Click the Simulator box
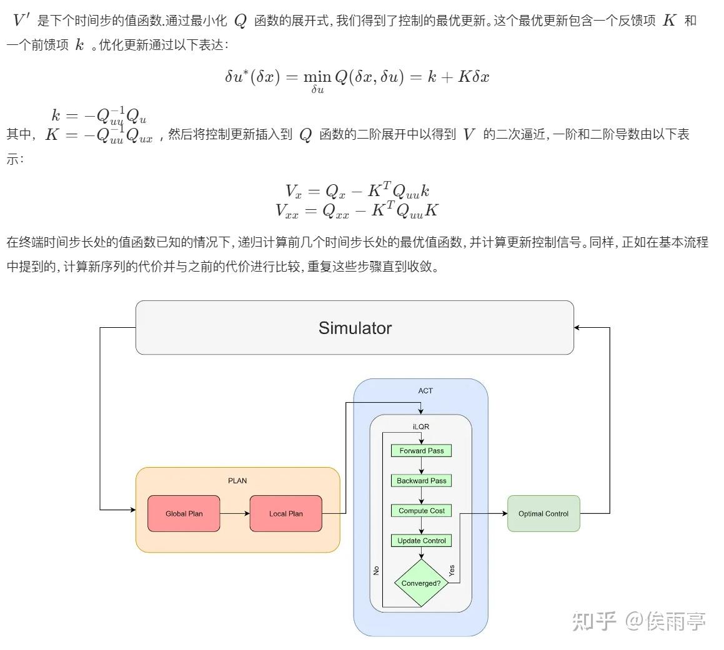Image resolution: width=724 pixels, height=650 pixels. point(355,328)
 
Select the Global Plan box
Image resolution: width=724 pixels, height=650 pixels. point(184,513)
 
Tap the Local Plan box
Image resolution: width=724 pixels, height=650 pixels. point(286,513)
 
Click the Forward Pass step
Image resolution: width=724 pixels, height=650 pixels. point(421,451)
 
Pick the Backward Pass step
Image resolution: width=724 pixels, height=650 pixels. point(421,481)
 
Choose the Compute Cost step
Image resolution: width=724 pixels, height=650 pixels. point(421,511)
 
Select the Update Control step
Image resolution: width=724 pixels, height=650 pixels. point(421,541)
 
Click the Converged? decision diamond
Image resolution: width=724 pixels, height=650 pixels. point(421,583)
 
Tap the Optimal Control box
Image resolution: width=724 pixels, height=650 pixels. point(543,513)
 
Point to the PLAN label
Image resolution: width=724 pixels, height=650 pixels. point(237,481)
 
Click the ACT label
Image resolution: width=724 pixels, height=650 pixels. point(425,390)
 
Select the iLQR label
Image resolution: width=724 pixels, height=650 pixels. point(421,426)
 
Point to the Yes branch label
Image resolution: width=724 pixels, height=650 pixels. point(452,570)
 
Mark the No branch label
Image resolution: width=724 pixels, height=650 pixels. point(376,571)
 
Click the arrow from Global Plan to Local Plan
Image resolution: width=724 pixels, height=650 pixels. point(234,513)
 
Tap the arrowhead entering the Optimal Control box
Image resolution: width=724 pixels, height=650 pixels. point(505,513)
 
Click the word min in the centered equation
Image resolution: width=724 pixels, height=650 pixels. point(317,77)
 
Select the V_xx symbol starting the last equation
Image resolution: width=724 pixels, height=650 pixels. point(287,211)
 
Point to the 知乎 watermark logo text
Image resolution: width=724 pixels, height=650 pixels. point(594,621)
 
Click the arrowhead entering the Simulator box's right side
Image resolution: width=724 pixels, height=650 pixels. point(577,328)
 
